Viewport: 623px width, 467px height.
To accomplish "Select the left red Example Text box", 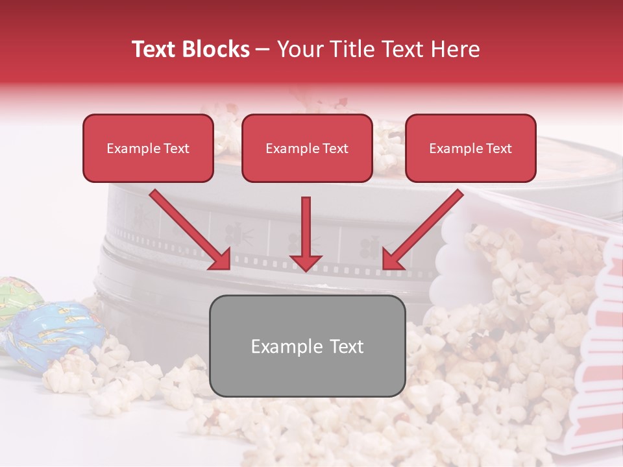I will [148, 148].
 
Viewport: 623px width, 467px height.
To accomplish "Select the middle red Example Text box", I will [307, 148].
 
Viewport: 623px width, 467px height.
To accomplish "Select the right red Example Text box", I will [470, 148].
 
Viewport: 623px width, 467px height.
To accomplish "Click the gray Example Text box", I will [307, 346].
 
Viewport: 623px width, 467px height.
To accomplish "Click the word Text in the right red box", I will [499, 149].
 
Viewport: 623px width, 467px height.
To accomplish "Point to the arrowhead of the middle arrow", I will [306, 261].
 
